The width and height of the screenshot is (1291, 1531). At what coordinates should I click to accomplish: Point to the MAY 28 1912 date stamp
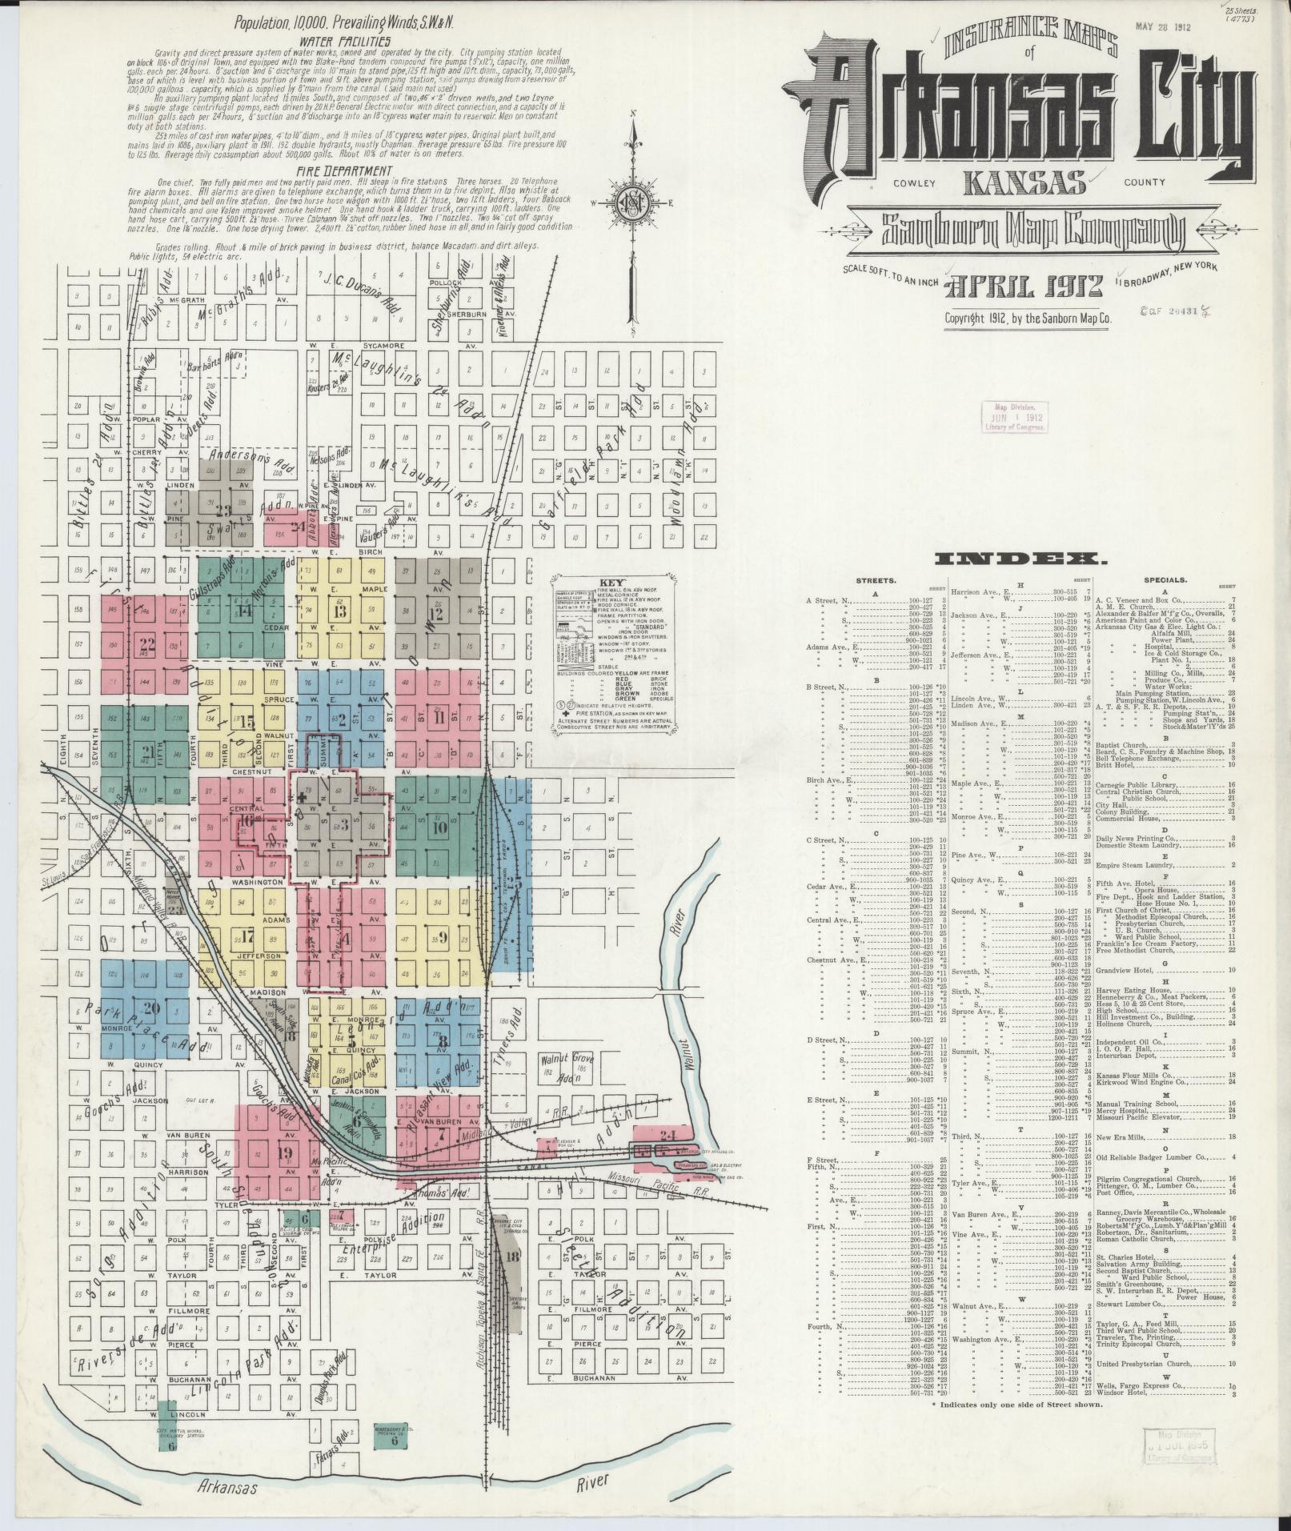click(1163, 27)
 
